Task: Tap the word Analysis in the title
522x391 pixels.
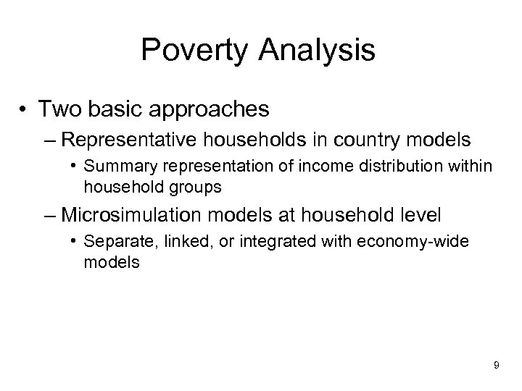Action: coord(320,51)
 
